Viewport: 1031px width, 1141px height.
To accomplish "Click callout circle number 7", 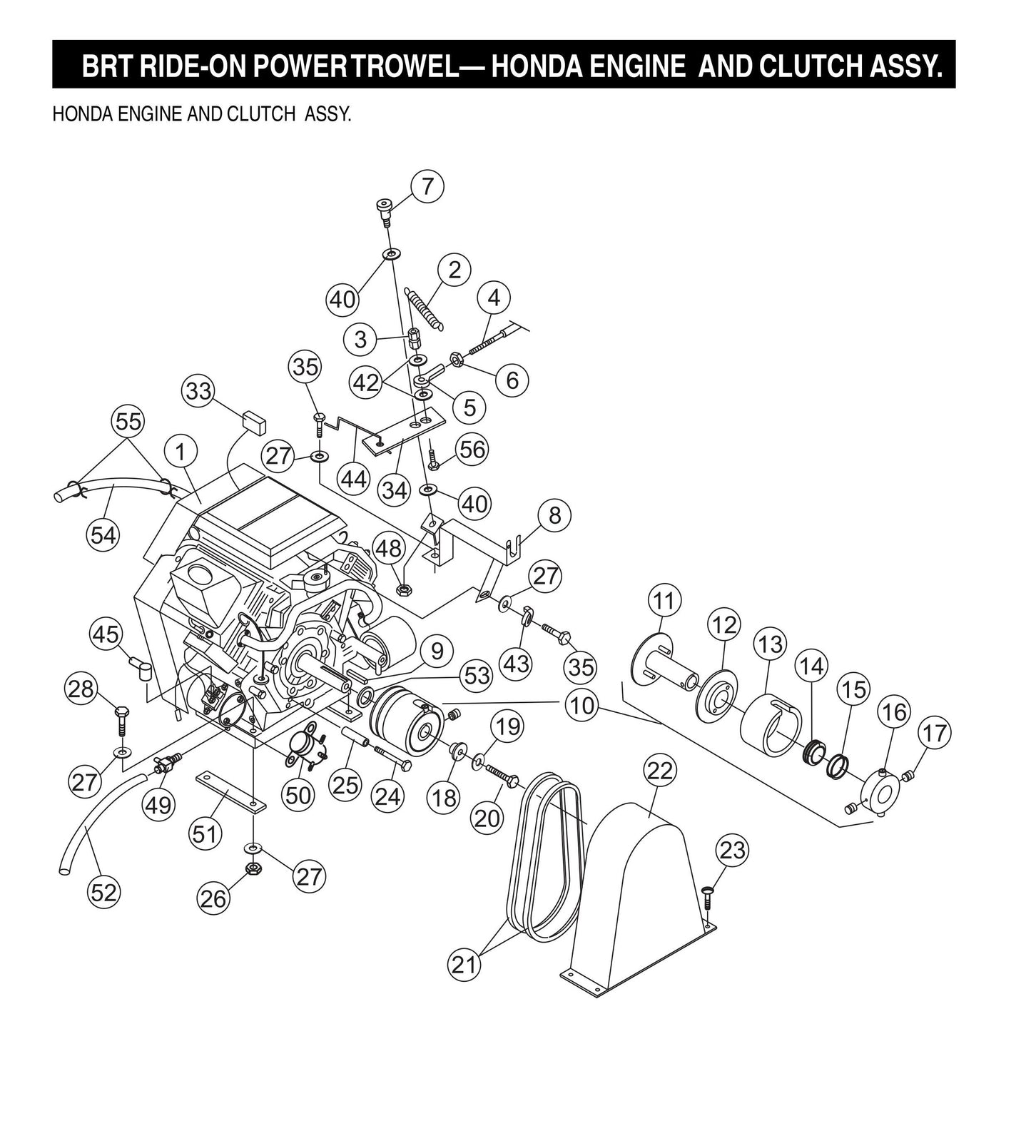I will point(427,186).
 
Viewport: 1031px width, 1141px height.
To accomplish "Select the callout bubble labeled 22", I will point(660,771).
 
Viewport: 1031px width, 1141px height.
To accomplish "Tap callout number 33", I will point(198,392).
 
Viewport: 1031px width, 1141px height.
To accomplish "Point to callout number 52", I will point(103,892).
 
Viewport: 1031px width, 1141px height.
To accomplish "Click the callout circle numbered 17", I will point(935,733).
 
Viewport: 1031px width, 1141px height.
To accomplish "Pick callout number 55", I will point(128,422).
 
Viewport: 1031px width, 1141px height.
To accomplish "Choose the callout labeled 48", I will point(389,549).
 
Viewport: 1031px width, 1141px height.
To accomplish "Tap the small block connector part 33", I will point(253,421).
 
